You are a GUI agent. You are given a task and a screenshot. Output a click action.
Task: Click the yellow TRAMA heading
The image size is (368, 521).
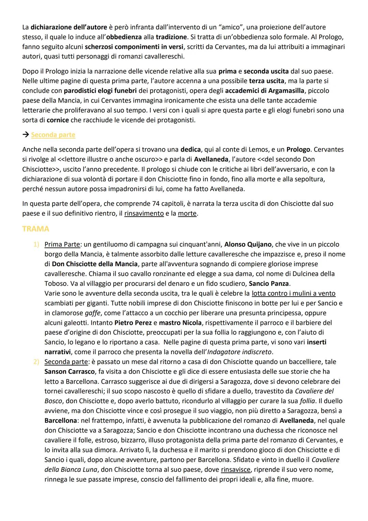[35, 229]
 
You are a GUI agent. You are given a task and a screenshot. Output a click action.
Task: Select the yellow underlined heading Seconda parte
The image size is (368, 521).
[53, 135]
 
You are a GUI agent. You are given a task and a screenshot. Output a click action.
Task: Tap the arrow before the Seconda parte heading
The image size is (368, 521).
[26, 135]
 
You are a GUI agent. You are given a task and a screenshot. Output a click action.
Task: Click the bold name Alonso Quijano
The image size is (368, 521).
[248, 244]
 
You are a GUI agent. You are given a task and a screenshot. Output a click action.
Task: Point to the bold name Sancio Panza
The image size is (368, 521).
[269, 284]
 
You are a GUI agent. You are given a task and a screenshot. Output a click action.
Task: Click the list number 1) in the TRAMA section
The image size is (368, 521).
[36, 244]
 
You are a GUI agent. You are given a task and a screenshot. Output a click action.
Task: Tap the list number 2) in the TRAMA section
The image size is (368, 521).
[36, 362]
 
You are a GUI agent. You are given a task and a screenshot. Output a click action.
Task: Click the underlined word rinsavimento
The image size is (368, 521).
[144, 214]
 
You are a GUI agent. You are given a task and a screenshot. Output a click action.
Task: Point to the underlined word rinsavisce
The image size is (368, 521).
[235, 469]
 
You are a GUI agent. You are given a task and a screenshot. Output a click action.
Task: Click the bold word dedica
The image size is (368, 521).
[190, 149]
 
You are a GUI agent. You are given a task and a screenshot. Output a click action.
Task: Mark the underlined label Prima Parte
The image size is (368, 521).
[62, 244]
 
